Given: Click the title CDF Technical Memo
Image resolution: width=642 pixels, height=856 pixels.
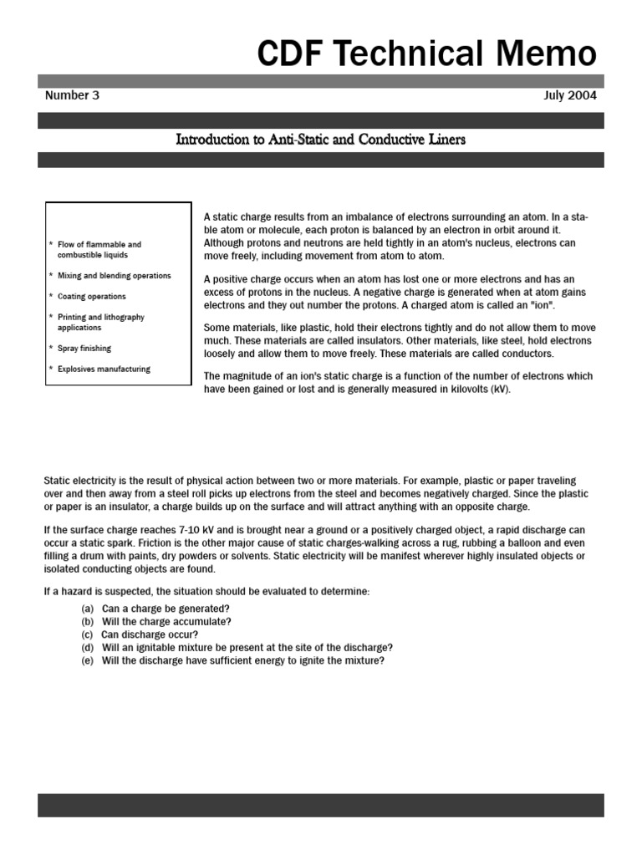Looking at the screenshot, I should [x=426, y=53].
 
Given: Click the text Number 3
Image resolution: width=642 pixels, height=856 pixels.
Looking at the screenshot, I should [x=72, y=95].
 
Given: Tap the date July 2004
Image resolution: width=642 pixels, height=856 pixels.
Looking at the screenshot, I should [x=569, y=95].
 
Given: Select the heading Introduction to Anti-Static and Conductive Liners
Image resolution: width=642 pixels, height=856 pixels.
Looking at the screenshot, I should [x=320, y=140].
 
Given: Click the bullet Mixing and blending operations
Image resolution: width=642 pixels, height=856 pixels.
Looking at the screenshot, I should [x=114, y=276].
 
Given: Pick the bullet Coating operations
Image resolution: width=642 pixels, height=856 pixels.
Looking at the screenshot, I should [x=92, y=297].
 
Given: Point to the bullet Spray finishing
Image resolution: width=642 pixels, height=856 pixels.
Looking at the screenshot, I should [x=84, y=349].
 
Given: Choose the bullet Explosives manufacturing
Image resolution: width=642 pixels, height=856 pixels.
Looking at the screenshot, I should [x=104, y=369].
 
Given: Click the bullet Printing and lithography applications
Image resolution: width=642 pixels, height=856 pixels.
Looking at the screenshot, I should [x=100, y=323].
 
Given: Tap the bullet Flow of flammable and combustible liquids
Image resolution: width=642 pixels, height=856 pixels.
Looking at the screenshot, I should [x=99, y=250].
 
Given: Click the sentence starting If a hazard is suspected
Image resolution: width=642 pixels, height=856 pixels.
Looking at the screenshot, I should [x=206, y=592].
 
